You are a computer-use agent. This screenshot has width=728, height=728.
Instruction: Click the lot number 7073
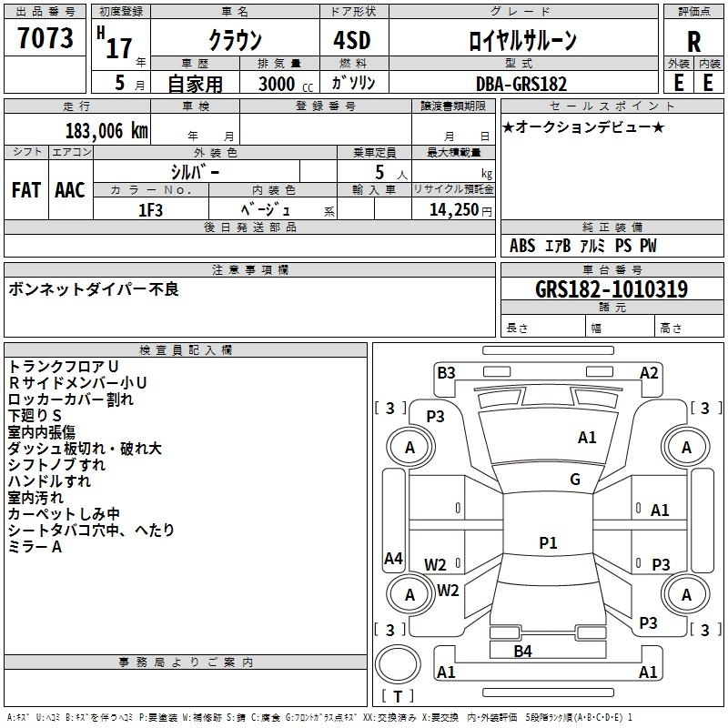[45, 37]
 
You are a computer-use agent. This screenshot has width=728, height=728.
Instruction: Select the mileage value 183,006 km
[106, 131]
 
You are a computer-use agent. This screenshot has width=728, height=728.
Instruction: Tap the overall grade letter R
[693, 42]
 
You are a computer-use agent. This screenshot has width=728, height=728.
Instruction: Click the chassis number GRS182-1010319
[612, 288]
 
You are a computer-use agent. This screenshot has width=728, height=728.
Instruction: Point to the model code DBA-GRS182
[521, 84]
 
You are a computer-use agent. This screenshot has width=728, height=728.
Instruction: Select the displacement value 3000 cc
[286, 84]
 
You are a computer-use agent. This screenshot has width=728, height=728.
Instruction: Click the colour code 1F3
[150, 210]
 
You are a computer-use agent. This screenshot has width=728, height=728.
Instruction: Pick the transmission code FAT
[26, 190]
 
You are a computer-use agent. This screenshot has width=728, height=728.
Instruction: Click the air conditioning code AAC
[70, 190]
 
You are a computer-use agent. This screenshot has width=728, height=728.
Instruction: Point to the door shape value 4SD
[352, 40]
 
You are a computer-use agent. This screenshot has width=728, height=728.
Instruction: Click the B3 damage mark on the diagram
[446, 373]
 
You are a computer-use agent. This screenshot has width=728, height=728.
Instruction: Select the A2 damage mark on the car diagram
[649, 373]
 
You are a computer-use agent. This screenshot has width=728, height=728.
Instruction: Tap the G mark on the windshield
[575, 480]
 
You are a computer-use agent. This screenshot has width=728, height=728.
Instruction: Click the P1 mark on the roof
[548, 542]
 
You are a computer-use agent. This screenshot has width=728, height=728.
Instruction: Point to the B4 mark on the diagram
[522, 652]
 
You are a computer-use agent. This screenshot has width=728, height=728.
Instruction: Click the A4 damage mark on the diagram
[393, 558]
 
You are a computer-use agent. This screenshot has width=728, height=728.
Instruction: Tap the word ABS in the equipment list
[522, 246]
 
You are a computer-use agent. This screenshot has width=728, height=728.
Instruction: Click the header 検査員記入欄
[186, 350]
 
